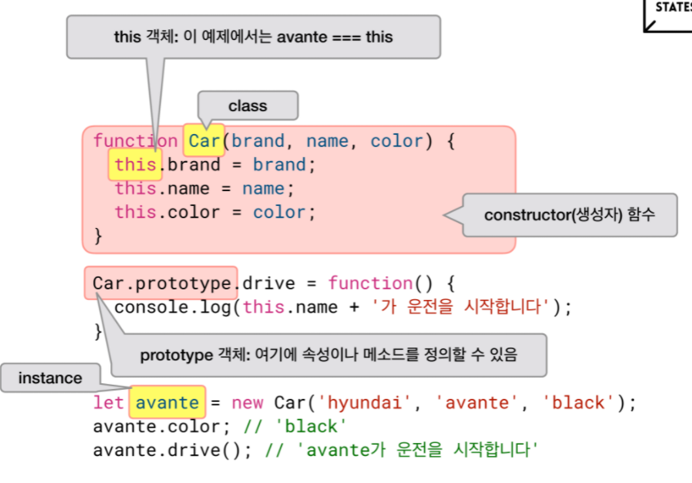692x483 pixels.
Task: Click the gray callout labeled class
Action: point(248,106)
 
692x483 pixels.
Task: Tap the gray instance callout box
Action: point(50,378)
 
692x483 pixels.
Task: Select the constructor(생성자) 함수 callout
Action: point(569,215)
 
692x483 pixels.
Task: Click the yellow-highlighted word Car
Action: point(204,141)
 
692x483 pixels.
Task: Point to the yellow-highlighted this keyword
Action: point(136,165)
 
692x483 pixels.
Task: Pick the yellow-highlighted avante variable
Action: point(167,403)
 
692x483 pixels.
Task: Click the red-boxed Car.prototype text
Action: point(162,284)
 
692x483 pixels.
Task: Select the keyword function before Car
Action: point(136,141)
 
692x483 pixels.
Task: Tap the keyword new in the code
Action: point(248,403)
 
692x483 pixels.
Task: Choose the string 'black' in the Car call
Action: point(578,403)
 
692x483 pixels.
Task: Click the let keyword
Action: point(109,403)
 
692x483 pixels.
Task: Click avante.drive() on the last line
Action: point(172,450)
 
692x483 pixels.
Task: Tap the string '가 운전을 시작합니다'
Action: point(462,308)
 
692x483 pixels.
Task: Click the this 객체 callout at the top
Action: point(253,37)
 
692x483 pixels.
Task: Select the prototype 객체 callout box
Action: point(328,355)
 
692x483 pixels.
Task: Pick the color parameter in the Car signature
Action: point(397,141)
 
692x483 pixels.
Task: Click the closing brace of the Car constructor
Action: point(98,236)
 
